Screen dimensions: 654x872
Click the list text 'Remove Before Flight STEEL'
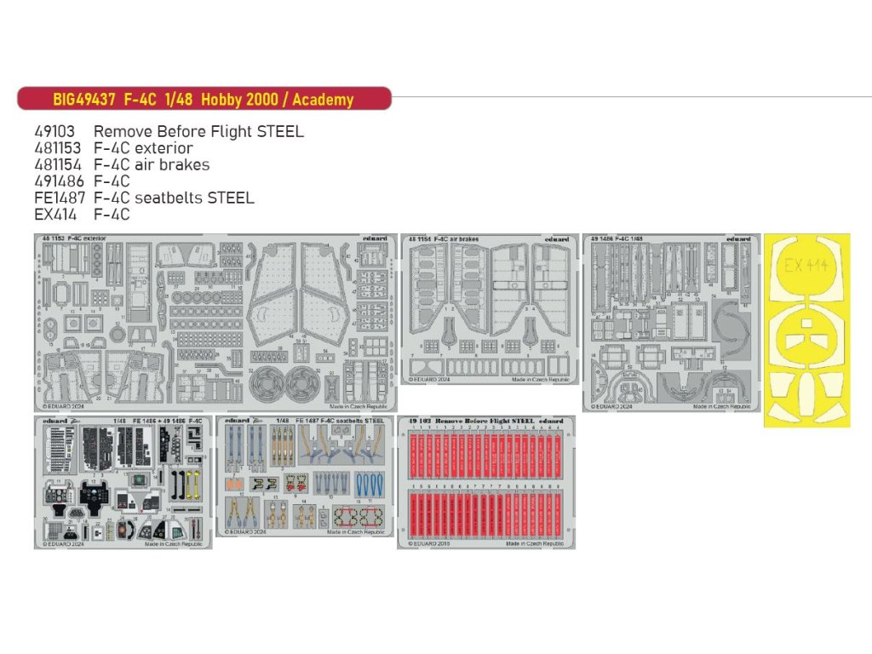198,132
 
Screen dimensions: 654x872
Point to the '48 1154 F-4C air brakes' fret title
443,239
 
